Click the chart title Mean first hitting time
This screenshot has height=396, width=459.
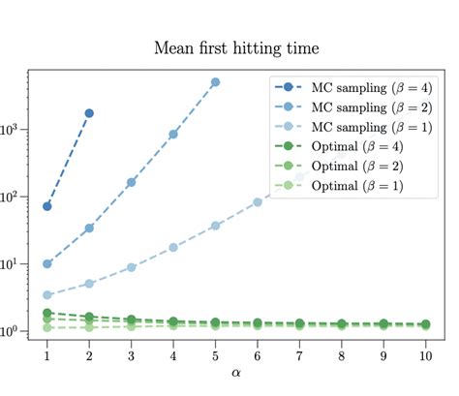pos(237,47)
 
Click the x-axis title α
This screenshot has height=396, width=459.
pos(237,373)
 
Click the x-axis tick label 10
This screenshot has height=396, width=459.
pos(424,355)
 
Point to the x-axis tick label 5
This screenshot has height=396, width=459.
pos(215,355)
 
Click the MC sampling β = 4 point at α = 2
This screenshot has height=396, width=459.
pos(89,113)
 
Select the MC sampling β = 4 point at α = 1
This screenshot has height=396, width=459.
pos(47,206)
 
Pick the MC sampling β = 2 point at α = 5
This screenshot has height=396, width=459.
pos(215,82)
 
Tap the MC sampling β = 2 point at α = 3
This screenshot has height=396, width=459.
pos(131,182)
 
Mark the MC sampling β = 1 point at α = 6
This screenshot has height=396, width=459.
pos(257,202)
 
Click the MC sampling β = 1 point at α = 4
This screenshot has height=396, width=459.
pos(173,247)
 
